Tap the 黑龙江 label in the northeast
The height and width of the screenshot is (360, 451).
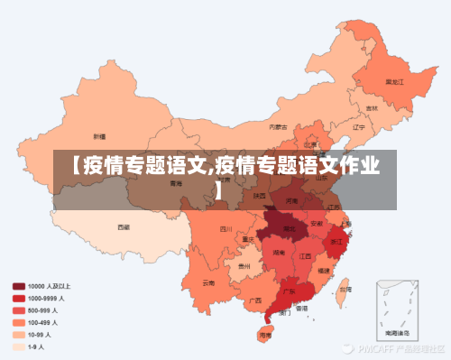pos(394,81)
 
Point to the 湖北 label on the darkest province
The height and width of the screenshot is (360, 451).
pos(290,229)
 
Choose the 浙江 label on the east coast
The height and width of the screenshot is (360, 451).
pos(336,243)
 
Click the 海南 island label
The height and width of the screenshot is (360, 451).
pos(264,334)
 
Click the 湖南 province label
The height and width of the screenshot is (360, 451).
pos(280,254)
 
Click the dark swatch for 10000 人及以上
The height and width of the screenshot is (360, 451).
pos(18,286)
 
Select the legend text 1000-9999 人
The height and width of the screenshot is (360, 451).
pos(49,298)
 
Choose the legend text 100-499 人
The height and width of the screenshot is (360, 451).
pos(46,322)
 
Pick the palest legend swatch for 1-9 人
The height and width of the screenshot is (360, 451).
pos(18,346)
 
